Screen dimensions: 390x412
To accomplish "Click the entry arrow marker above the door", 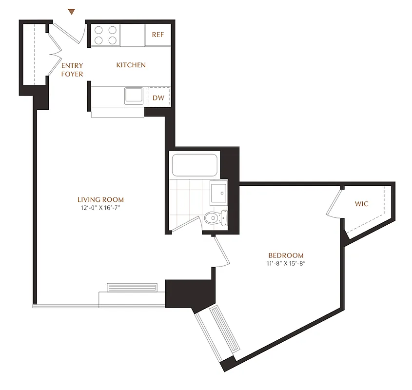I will coord(72,12).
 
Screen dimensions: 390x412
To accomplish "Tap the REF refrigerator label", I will coord(157,35).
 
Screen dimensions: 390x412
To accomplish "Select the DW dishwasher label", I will coord(158,97).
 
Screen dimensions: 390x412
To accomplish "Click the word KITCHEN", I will coord(131,65).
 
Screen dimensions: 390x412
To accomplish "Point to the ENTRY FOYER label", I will coord(72,70).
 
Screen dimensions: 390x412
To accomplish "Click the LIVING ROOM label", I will coord(100,199).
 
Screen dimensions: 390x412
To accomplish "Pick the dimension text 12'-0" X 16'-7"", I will coord(100,207).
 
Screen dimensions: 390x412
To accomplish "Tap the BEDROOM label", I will coord(286,255).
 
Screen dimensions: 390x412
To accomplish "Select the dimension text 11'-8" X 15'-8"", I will coord(286,263).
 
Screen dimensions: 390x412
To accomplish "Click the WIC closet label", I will coord(361,204).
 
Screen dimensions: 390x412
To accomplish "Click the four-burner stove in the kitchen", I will coord(106,35).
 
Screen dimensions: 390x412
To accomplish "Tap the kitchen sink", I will coord(133,95).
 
